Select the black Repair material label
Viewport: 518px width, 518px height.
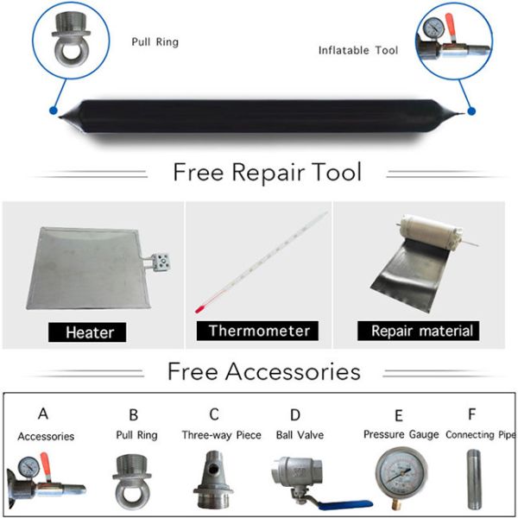tap(422, 331)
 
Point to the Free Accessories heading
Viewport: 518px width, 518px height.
tap(263, 371)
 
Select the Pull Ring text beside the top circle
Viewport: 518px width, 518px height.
tap(155, 41)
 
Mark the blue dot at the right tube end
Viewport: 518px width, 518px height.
tap(471, 111)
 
